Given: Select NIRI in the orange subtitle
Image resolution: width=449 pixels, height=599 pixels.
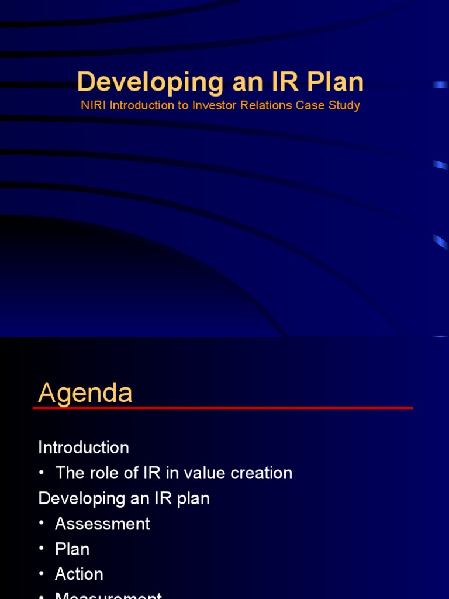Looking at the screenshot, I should [92, 106].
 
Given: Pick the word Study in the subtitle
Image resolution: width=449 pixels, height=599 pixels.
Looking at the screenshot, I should [344, 106].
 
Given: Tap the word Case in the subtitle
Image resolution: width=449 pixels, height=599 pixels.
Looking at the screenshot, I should [313, 106].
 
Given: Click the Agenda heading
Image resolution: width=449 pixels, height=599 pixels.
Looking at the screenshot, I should [85, 393].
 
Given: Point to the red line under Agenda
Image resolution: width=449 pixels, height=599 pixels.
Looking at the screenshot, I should [222, 408].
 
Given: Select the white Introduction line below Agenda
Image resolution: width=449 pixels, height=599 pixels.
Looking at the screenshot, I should [84, 447].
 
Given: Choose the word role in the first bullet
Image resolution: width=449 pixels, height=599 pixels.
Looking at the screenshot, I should [102, 473].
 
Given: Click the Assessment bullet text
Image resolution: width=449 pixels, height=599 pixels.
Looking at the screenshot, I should [102, 524].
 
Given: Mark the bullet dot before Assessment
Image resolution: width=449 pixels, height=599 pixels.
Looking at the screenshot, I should [42, 524].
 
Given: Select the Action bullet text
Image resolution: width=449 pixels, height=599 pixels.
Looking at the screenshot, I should [79, 574].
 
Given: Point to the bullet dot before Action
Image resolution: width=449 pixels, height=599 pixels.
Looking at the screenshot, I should [42, 574].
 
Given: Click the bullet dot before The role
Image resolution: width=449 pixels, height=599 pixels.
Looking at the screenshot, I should [42, 473].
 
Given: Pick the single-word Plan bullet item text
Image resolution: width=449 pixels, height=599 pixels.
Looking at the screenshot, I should [72, 549].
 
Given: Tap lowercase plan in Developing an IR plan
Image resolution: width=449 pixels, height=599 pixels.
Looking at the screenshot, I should [192, 498].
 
